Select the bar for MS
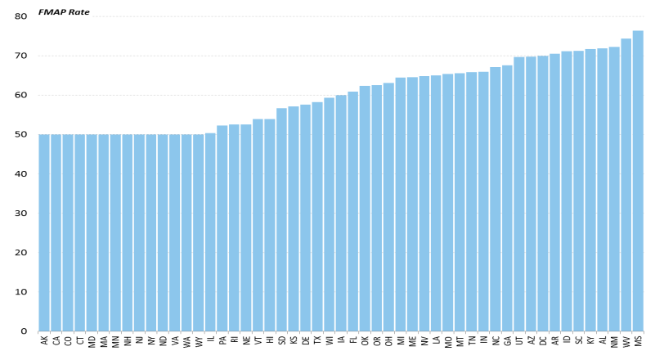click(x=638, y=181)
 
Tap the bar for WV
click(x=626, y=185)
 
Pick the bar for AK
click(x=44, y=233)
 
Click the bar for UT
click(x=519, y=194)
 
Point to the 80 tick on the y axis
click(x=21, y=16)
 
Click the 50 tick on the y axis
click(x=21, y=134)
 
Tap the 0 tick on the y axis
click(x=24, y=331)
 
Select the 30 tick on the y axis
click(x=21, y=214)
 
